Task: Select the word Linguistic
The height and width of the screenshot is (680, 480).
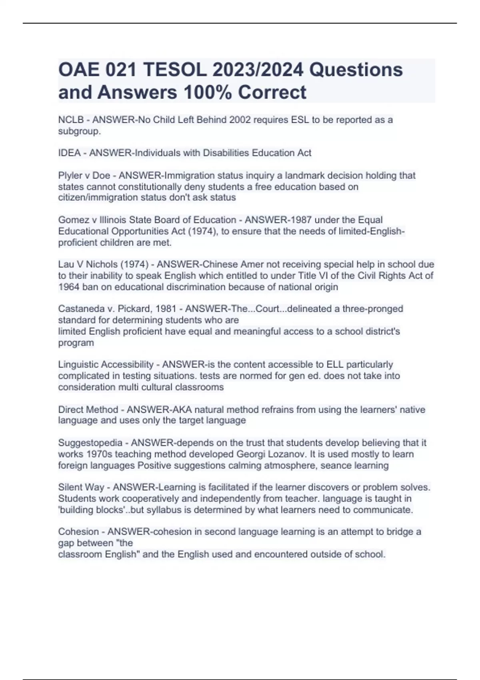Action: click(78, 364)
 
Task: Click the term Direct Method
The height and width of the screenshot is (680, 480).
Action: click(88, 410)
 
